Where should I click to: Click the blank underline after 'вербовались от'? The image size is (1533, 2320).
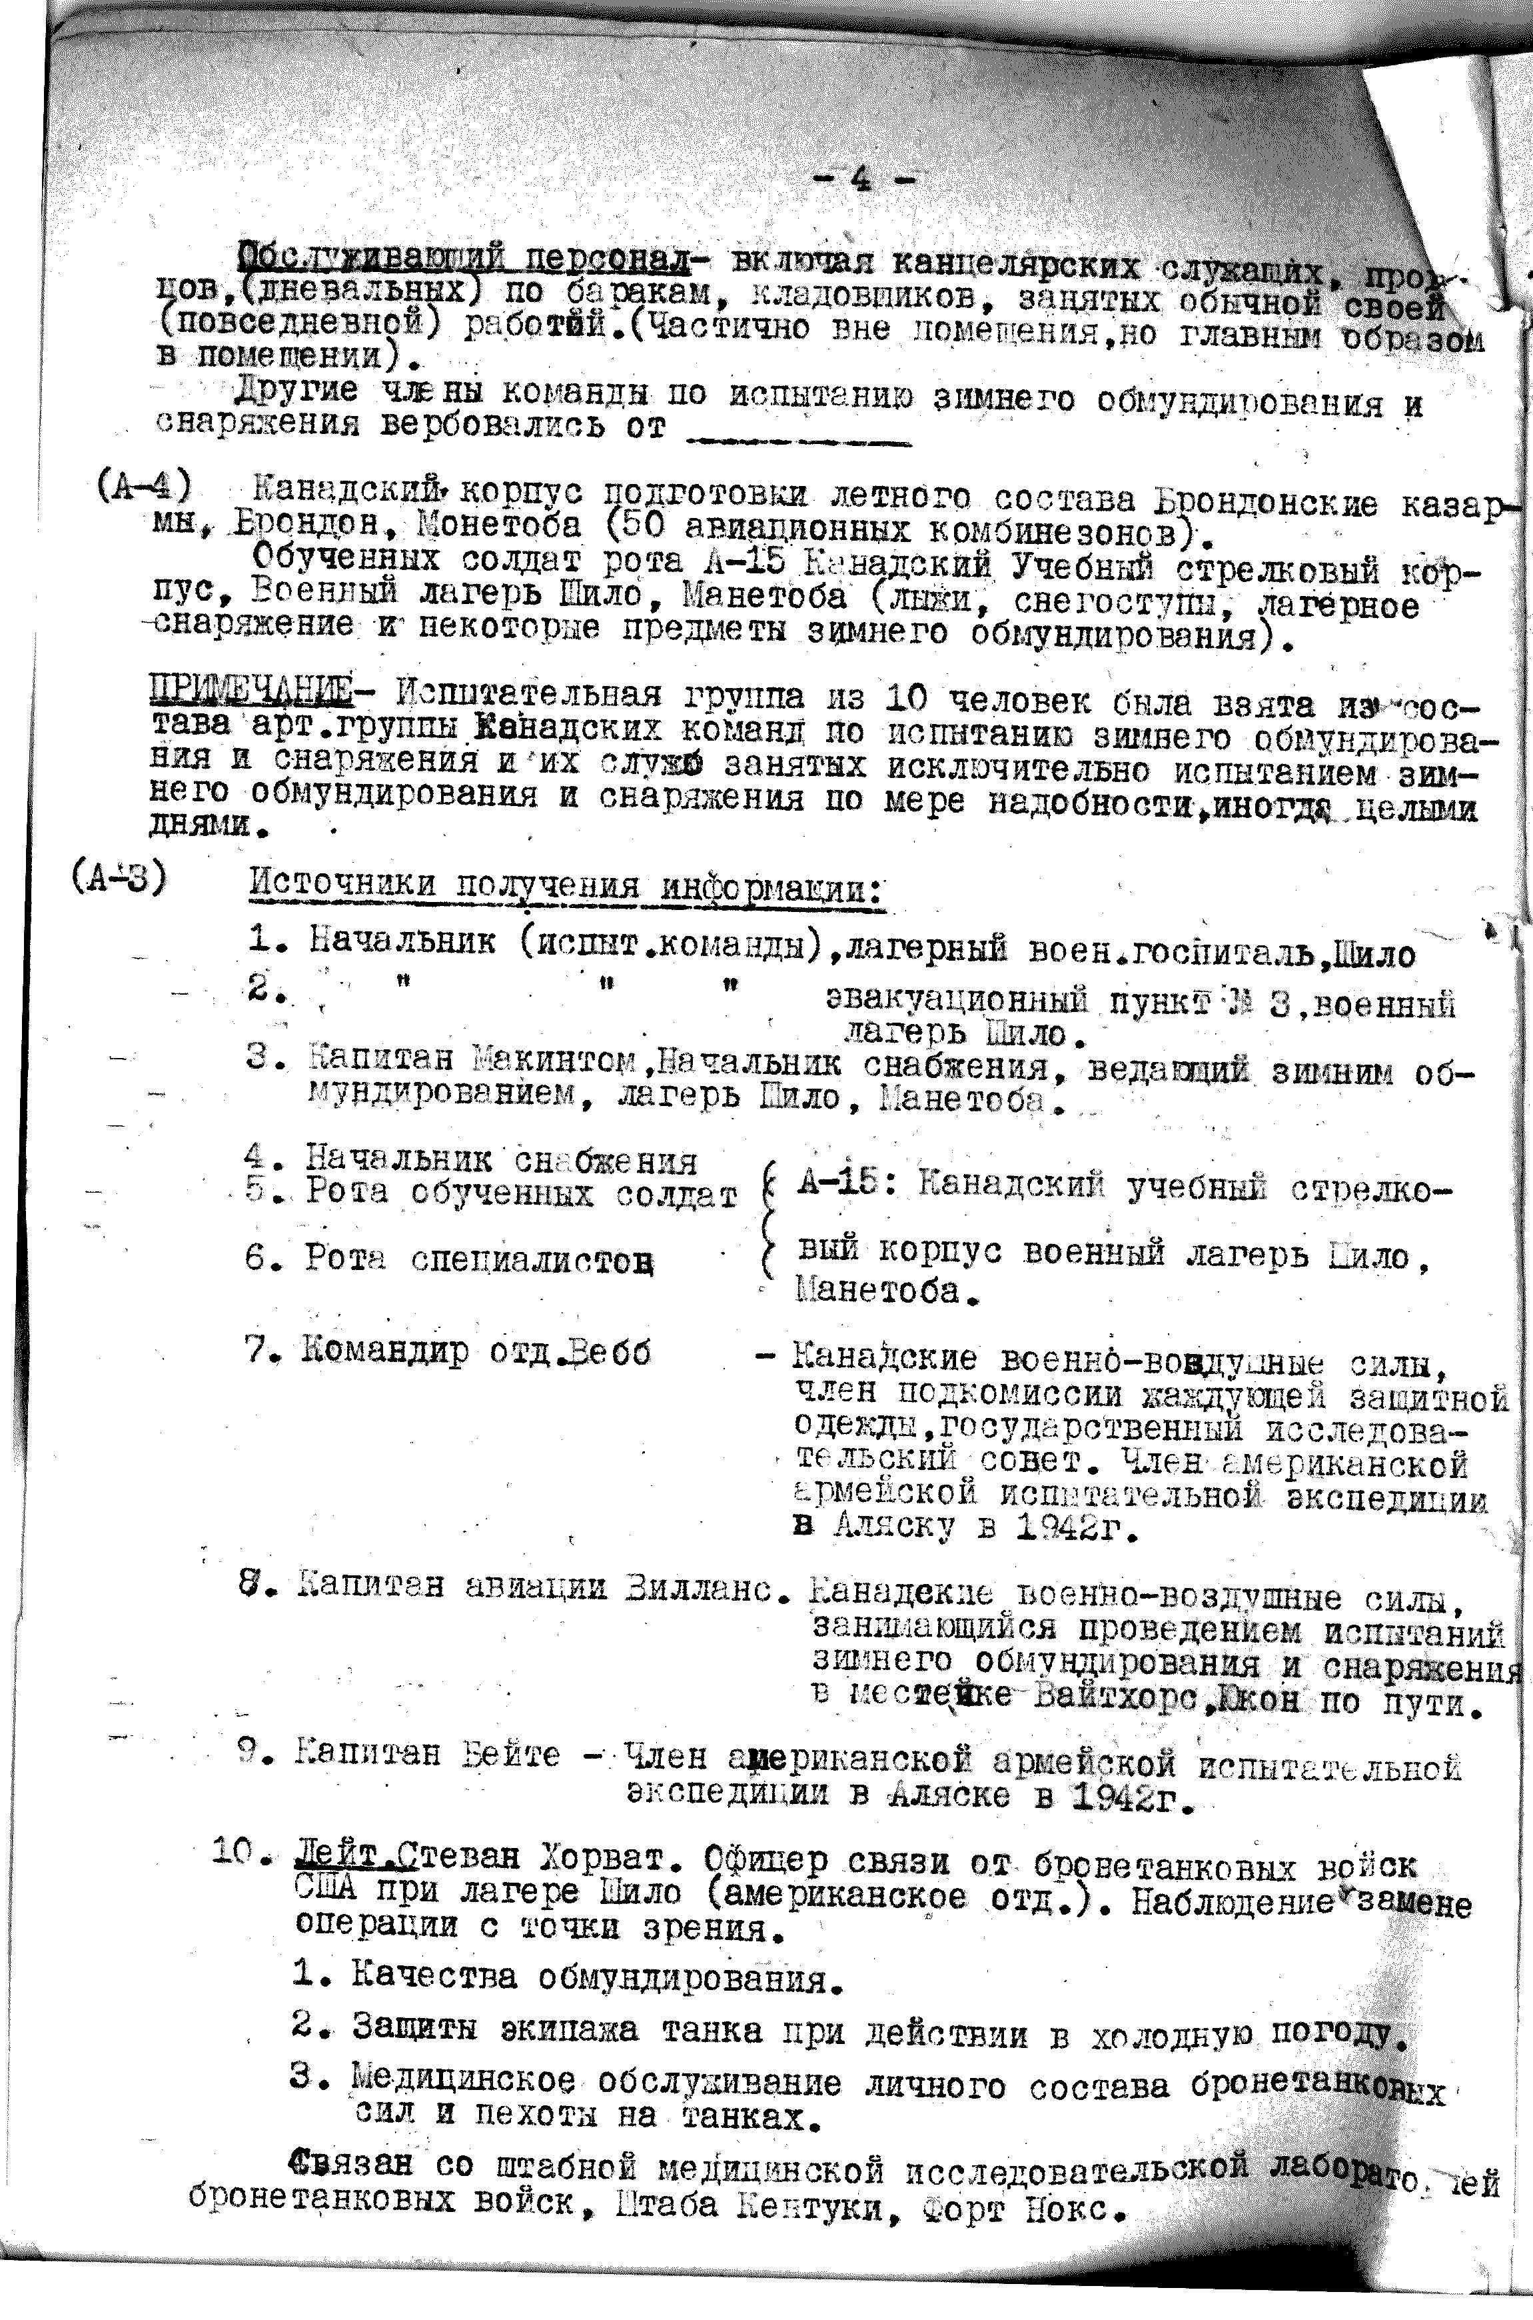click(x=797, y=439)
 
